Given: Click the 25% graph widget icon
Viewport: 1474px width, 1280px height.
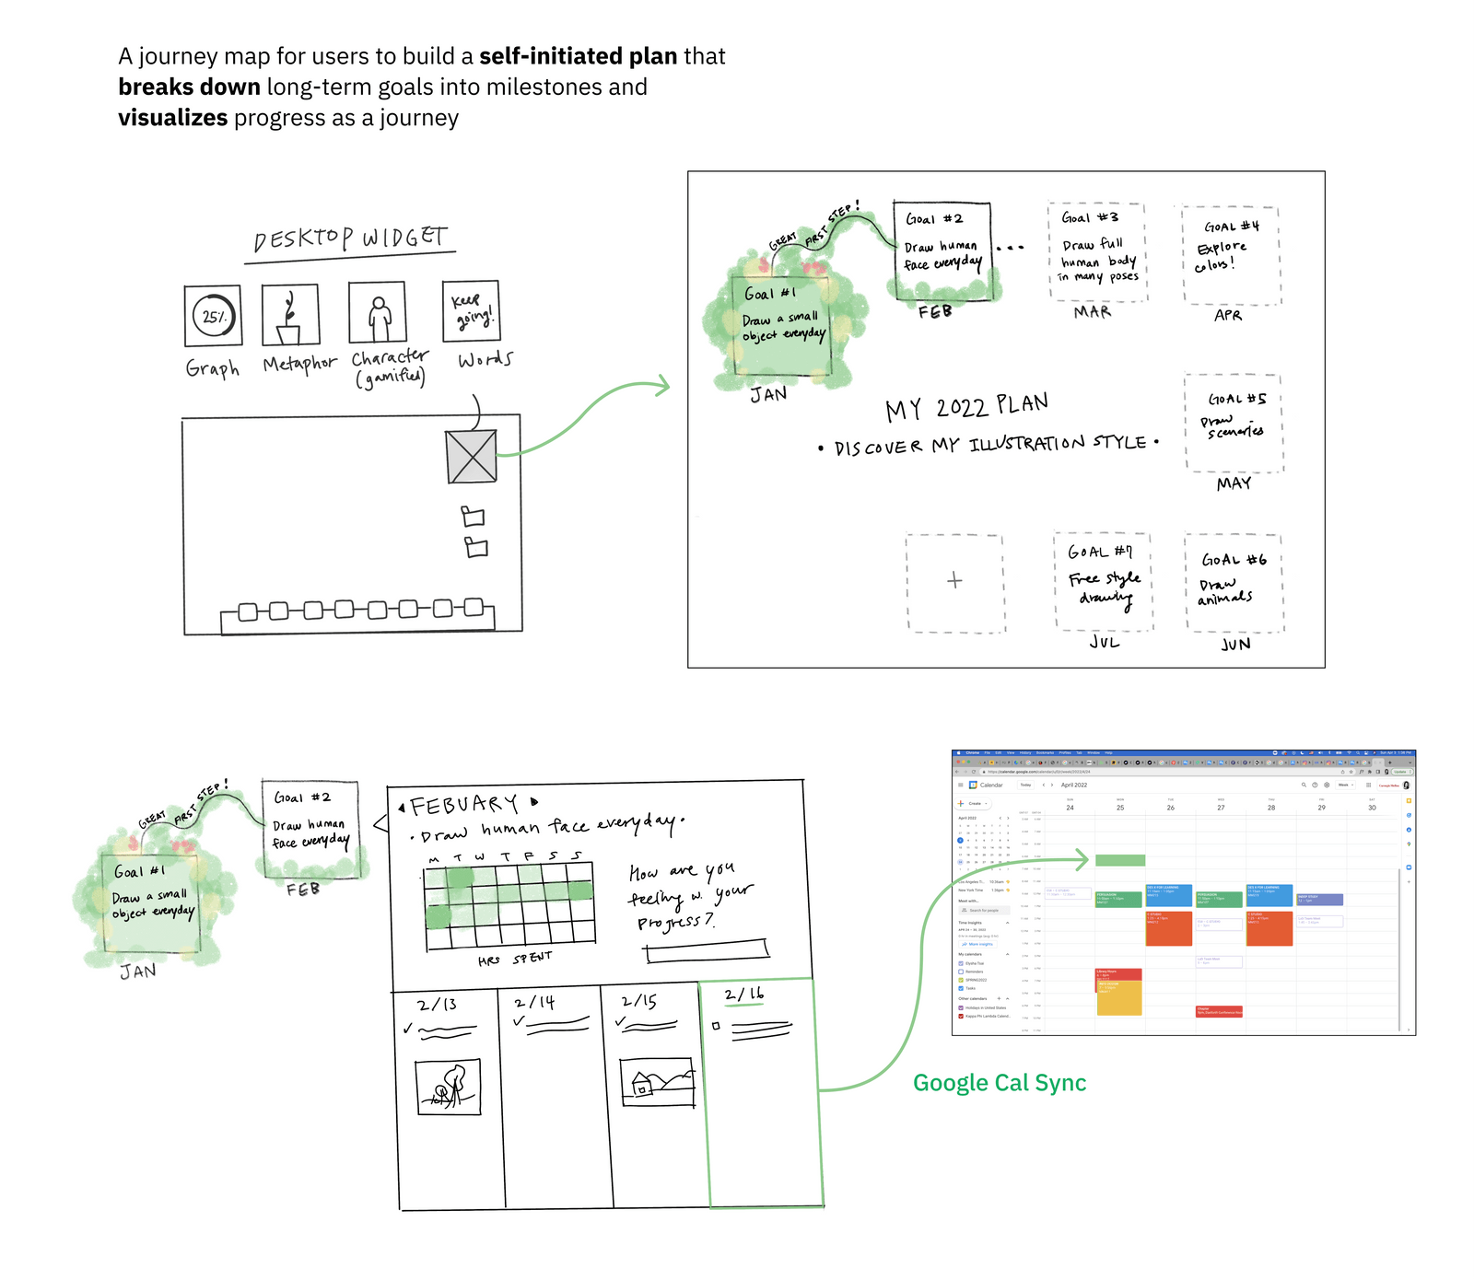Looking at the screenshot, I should pyautogui.click(x=213, y=316).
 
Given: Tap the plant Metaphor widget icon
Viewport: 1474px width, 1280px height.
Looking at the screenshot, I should pyautogui.click(x=290, y=315).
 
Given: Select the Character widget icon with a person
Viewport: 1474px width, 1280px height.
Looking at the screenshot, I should pyautogui.click(x=378, y=313).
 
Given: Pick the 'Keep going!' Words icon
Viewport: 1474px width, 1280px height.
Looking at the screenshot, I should pyautogui.click(x=471, y=311).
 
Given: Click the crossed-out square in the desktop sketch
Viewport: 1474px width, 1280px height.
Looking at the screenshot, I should pyautogui.click(x=472, y=457).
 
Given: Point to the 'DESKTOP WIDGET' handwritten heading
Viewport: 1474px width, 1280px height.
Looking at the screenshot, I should pyautogui.click(x=350, y=239).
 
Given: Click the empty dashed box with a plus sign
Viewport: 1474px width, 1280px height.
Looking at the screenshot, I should pyautogui.click(x=954, y=582).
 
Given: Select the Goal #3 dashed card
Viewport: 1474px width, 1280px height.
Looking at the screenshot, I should pyautogui.click(x=1097, y=252).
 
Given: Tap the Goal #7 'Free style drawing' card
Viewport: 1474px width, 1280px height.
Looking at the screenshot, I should pyautogui.click(x=1104, y=581).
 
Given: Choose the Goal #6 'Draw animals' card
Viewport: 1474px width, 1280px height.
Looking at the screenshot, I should pyautogui.click(x=1234, y=582).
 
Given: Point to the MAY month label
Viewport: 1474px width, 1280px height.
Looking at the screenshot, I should pyautogui.click(x=1234, y=483).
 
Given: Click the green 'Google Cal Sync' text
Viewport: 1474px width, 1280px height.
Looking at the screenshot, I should pyautogui.click(x=1000, y=1083).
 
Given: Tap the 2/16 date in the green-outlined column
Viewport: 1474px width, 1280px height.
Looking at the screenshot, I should pyautogui.click(x=743, y=995).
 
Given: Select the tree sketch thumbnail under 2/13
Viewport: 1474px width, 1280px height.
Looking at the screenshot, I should pyautogui.click(x=449, y=1087).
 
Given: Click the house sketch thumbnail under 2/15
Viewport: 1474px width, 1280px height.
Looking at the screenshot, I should pyautogui.click(x=657, y=1082).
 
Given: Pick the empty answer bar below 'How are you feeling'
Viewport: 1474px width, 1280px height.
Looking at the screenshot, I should pyautogui.click(x=707, y=950).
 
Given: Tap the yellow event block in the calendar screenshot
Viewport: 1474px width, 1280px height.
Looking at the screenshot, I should pyautogui.click(x=1118, y=997).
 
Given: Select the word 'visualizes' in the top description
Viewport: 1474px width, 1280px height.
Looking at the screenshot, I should pyautogui.click(x=172, y=118).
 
